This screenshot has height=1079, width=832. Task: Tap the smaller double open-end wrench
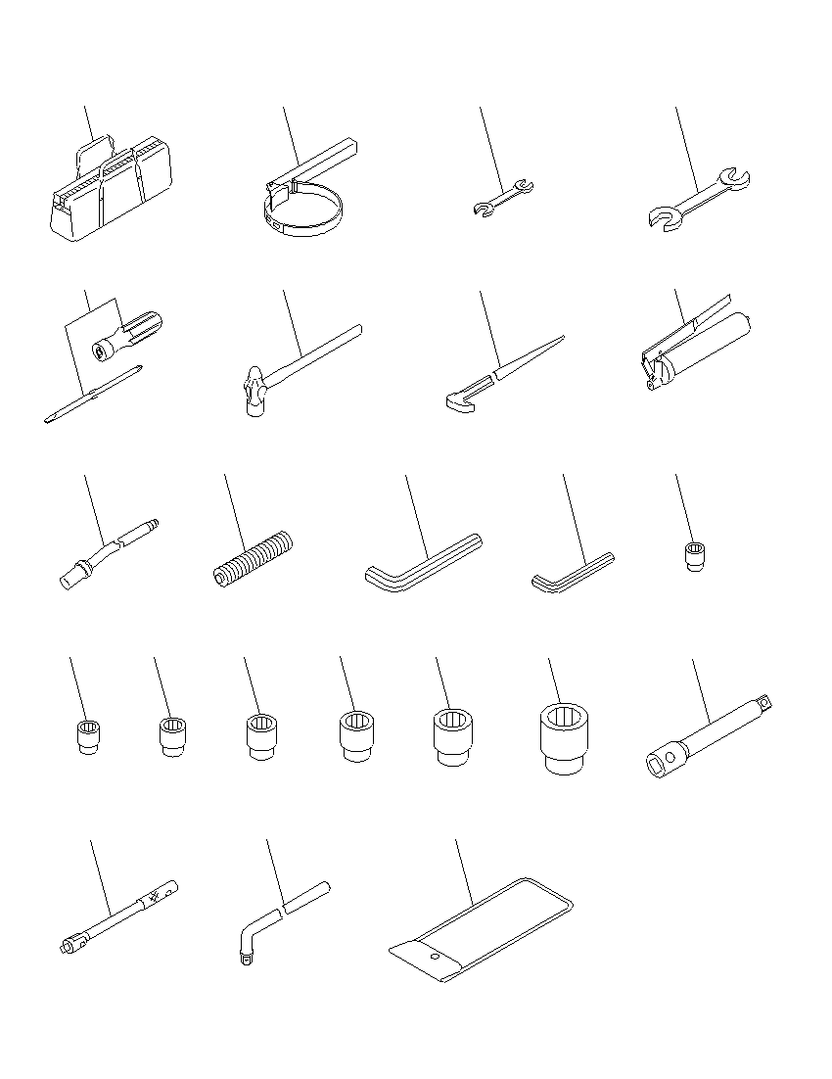[x=500, y=197]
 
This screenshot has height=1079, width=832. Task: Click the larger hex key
[x=422, y=562]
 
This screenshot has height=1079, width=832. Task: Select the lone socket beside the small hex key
[x=693, y=557]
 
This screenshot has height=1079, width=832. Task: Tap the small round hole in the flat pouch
[x=434, y=958]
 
